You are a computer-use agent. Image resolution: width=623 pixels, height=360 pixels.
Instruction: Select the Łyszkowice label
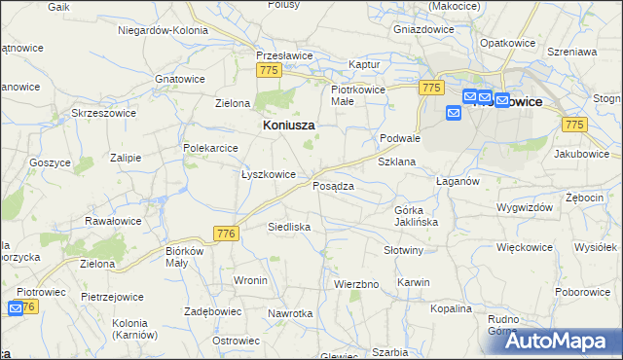[x=268, y=174]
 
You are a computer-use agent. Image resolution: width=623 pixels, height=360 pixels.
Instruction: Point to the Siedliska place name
[x=289, y=227]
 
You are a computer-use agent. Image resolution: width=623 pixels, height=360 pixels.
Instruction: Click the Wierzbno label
[x=355, y=284]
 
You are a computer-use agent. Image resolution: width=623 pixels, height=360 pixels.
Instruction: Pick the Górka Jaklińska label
[x=416, y=216]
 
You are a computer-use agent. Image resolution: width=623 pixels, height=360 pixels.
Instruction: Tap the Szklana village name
[x=396, y=162]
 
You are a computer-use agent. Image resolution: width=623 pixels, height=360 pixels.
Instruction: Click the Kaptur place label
[x=363, y=64]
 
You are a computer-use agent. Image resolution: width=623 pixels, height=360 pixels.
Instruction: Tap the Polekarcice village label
[x=211, y=148]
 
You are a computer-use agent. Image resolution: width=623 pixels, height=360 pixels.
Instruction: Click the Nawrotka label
[x=290, y=313]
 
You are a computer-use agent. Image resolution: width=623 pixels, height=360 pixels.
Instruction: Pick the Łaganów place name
[x=457, y=181]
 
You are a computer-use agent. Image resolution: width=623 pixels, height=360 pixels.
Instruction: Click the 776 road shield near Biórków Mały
[x=226, y=234]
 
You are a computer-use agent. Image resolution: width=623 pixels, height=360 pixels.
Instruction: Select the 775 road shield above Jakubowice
[x=574, y=124]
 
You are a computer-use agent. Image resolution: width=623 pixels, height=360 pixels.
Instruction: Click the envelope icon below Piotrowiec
[x=15, y=308]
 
